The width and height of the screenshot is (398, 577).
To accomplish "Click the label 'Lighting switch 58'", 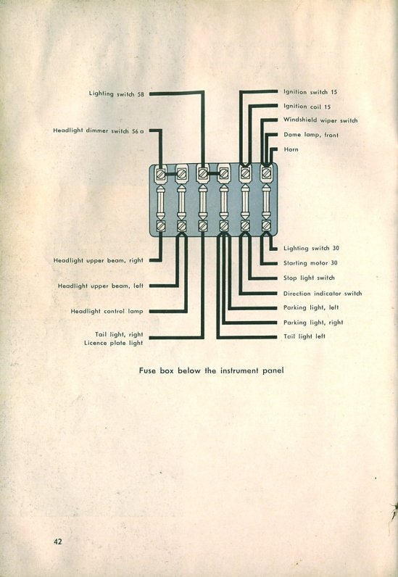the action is tap(116, 94).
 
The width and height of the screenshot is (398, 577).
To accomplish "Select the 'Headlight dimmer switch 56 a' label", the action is tap(99, 130).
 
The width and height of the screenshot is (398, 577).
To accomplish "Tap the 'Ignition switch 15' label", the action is tap(310, 92).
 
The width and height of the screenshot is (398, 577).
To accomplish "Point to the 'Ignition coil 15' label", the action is tap(307, 107).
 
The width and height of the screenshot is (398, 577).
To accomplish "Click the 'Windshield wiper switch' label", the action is tap(320, 120).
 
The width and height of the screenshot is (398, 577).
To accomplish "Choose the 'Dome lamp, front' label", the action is tap(311, 135).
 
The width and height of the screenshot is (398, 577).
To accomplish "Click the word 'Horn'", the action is tap(291, 149).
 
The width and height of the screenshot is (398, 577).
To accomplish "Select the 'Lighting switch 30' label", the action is tap(311, 249).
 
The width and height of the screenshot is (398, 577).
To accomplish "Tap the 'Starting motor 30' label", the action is tap(310, 263).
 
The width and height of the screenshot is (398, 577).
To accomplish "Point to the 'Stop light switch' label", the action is tap(309, 278).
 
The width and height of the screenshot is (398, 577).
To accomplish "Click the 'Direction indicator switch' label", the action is tap(323, 294).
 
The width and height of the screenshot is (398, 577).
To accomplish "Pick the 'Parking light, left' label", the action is tap(311, 307).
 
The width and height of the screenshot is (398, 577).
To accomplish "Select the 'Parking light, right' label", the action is tap(313, 323).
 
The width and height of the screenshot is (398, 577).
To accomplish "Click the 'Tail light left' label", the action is tap(304, 336).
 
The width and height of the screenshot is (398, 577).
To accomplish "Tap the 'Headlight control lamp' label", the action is tap(107, 311).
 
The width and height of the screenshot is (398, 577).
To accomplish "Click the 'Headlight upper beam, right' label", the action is tap(99, 260).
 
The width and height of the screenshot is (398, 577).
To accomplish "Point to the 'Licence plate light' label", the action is tap(113, 343).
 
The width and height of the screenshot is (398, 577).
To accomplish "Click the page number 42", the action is tap(58, 541).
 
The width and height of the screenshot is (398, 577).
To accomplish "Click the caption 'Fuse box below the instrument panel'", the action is tap(212, 370).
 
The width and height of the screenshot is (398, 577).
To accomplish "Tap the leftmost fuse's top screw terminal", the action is tap(161, 173).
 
